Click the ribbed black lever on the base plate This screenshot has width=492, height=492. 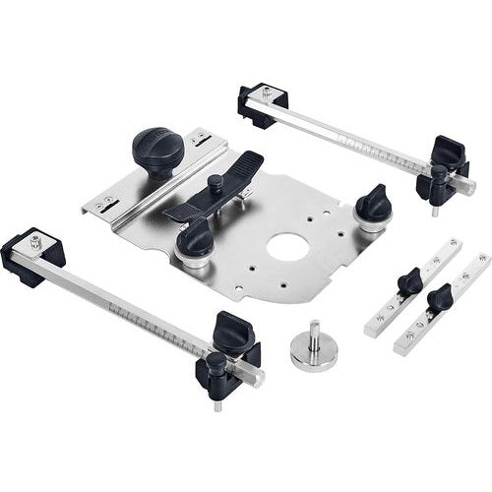[215, 186]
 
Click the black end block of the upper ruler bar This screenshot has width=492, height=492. [262, 104]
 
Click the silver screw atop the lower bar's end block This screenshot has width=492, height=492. [36, 239]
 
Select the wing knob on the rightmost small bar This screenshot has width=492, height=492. [439, 294]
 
